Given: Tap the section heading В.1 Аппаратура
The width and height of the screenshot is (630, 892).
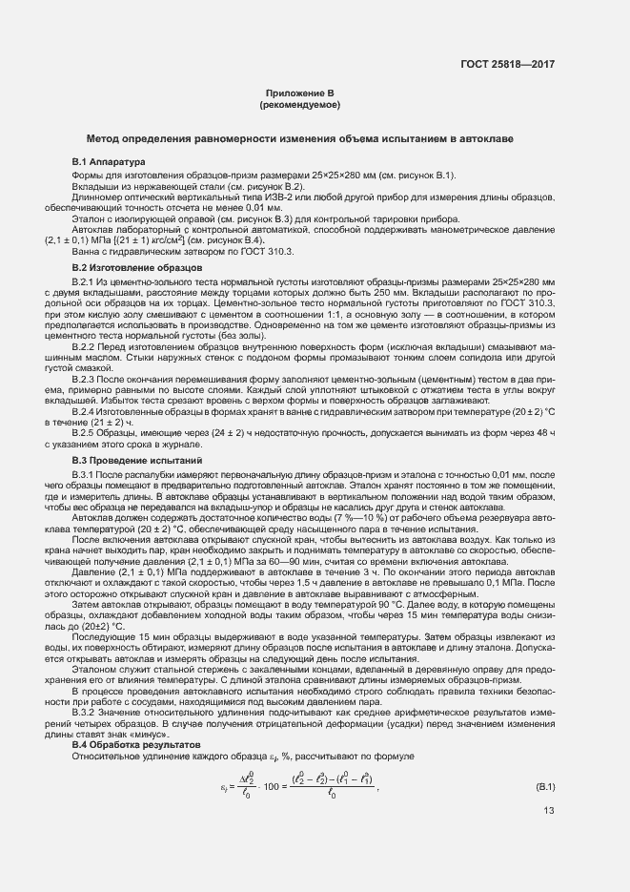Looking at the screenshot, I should pyautogui.click(x=107, y=162).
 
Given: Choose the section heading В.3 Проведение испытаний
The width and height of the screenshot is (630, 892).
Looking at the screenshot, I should pyautogui.click(x=131, y=460).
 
